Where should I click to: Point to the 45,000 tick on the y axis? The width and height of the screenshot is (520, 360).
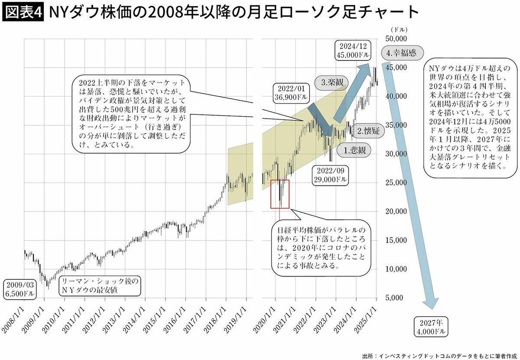coord(395,68)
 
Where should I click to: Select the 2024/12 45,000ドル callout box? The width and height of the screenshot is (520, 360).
coord(353,51)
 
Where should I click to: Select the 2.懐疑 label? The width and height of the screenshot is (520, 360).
coord(368,130)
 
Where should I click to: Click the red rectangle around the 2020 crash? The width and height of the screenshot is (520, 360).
coord(279,194)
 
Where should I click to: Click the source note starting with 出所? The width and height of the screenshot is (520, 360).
coord(438,356)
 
